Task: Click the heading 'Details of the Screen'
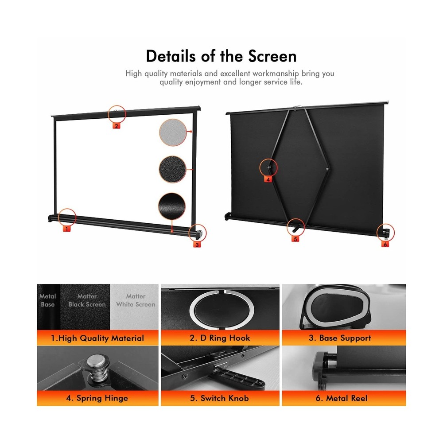tap(221, 56)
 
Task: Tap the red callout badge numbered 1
tap(66, 229)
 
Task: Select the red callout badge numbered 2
tap(117, 125)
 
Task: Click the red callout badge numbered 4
tap(268, 179)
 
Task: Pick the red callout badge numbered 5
tap(295, 238)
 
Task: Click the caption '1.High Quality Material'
tap(97, 338)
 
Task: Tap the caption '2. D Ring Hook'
tap(220, 338)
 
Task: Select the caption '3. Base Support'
tap(340, 338)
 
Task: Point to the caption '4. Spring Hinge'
tap(97, 398)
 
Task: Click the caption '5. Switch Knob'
tap(220, 398)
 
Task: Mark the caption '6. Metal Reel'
tap(341, 398)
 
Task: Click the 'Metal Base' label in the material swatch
tap(48, 300)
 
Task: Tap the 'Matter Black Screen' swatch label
tap(87, 300)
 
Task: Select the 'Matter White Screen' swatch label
tap(136, 300)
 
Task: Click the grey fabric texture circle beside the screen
tap(173, 132)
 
